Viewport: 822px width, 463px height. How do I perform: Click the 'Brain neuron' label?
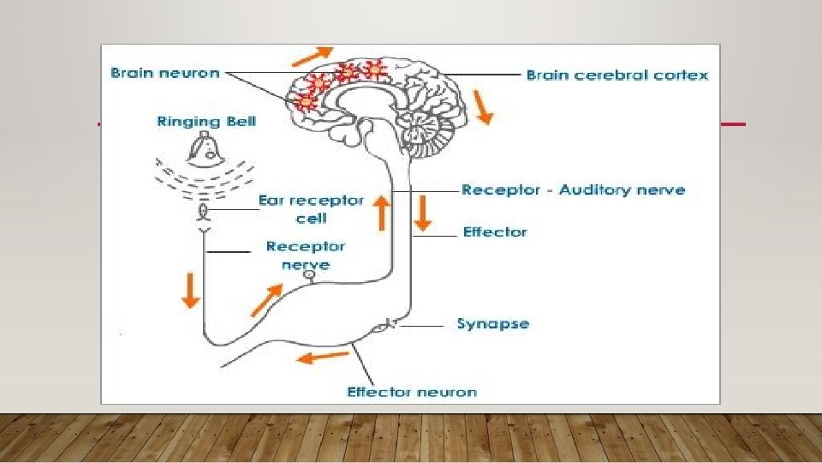(x=165, y=74)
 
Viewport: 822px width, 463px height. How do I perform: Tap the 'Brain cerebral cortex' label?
(x=616, y=75)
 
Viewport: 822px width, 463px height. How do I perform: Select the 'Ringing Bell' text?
(x=206, y=122)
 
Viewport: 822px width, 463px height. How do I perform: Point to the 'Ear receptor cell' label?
(x=311, y=209)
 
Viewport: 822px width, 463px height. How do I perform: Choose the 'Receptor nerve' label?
(x=306, y=255)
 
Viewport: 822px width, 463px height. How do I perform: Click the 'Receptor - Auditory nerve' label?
(x=573, y=189)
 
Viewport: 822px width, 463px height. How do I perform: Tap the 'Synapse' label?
(x=492, y=324)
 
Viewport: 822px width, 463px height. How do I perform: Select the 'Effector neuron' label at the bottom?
(x=411, y=392)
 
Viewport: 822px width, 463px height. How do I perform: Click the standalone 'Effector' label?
(x=495, y=231)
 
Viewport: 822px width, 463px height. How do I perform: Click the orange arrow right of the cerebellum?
(x=484, y=108)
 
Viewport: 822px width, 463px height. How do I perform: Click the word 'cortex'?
(x=682, y=75)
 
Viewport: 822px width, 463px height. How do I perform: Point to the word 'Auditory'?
(x=594, y=189)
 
